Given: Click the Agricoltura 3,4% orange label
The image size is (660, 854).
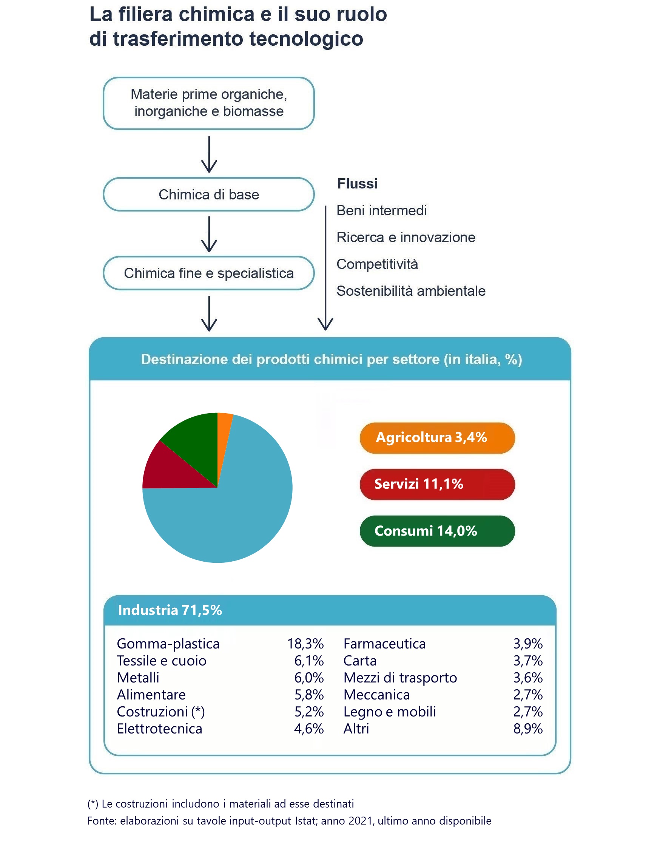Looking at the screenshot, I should point(437,437).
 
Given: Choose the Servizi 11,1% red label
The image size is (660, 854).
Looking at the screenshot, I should point(437,484).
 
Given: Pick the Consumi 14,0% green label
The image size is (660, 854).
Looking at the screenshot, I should point(437,531).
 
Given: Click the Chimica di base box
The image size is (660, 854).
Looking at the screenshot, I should point(208,195).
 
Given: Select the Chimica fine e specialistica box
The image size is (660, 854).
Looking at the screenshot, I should point(208,273).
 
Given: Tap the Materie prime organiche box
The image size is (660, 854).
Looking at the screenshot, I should point(208,103).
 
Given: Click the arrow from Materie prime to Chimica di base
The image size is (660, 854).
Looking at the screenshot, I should point(209,154).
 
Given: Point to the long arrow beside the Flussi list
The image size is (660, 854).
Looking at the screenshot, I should point(325,266).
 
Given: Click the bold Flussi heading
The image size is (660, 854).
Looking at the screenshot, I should point(357,184).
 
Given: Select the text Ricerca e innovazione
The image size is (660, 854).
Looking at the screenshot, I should point(406,237).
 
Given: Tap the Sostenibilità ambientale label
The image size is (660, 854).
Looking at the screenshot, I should point(410,291).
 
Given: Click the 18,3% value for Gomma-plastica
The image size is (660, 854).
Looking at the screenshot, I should point(305,643).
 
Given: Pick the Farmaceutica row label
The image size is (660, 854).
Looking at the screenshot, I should point(384,643).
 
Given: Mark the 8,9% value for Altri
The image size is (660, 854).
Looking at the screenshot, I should point(528,729).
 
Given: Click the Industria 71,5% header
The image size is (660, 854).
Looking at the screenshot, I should point(170,610).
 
